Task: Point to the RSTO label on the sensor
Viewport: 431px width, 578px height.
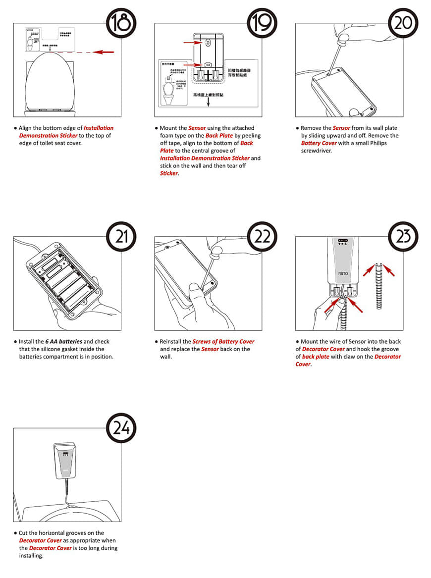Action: coord(343,273)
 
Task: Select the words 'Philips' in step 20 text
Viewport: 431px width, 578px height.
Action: coord(377,143)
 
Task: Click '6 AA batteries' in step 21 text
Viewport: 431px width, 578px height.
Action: coord(63,342)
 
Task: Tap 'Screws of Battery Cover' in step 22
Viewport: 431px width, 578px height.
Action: coord(223,342)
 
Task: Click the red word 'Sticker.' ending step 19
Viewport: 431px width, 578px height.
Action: coord(169,173)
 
